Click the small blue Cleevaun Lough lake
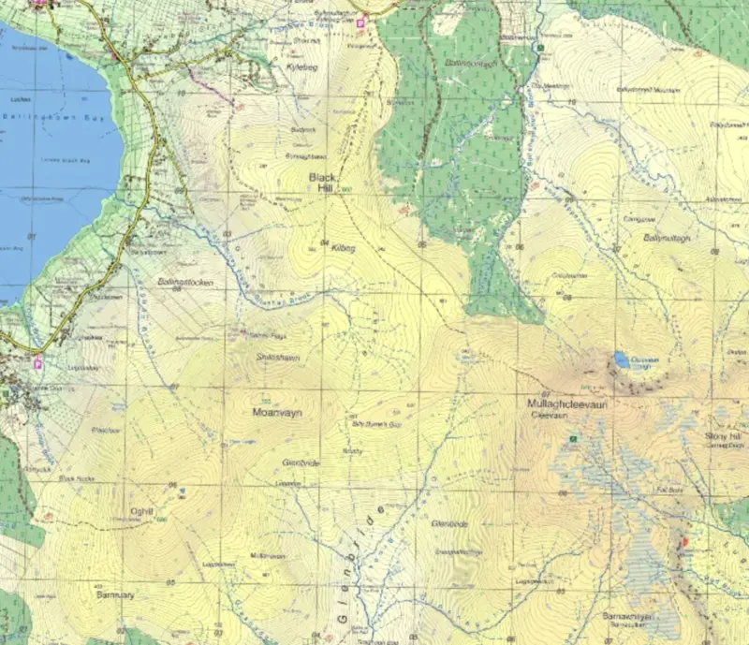coord(622,359)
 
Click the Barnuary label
coord(116,594)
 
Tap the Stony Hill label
coord(723,437)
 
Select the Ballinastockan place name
coord(185,282)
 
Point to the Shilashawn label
coord(276,357)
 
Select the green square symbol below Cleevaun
coord(573,438)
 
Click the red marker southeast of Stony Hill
coord(683,542)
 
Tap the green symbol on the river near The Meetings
coord(540,48)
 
